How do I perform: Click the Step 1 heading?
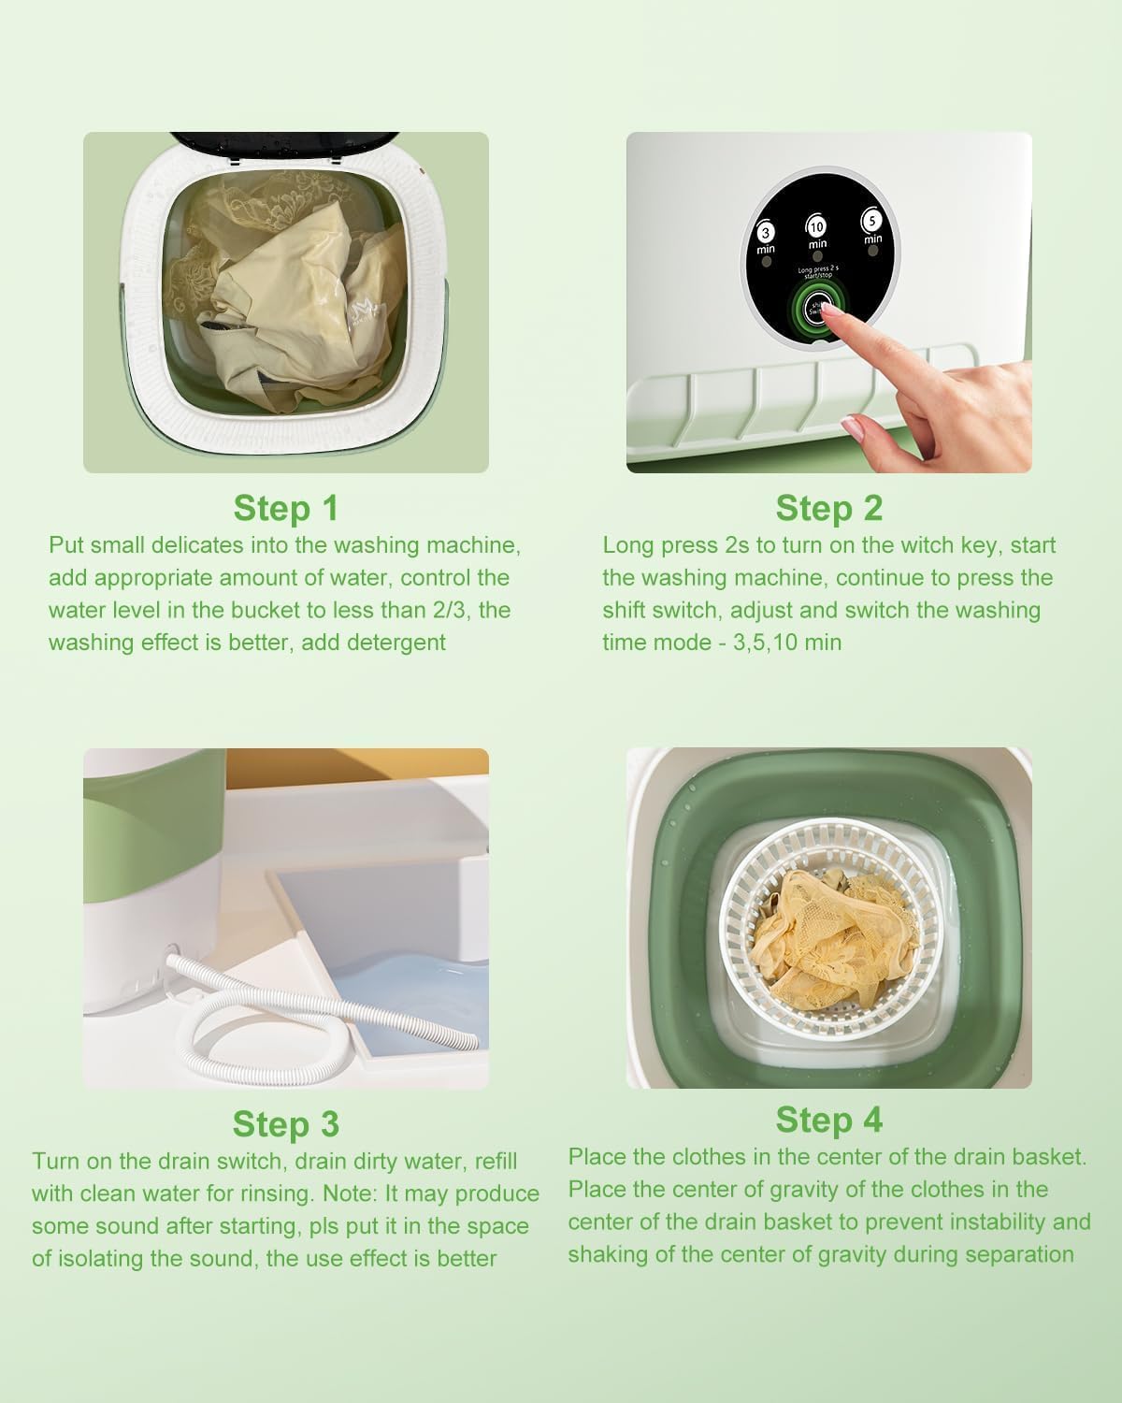[285, 508]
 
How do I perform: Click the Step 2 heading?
[828, 508]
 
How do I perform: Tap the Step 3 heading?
[285, 1123]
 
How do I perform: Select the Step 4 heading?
[828, 1119]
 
